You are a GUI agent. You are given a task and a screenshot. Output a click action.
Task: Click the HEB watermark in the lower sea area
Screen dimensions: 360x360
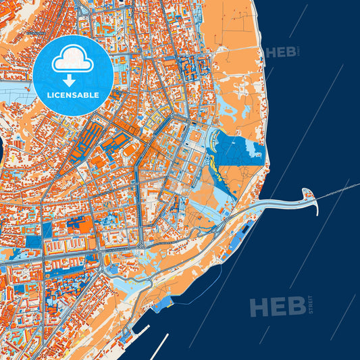coord(277,307)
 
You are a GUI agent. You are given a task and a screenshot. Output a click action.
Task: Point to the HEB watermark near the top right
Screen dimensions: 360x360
coord(282,52)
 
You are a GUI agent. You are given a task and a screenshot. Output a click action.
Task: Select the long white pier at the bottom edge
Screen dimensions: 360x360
coord(159,345)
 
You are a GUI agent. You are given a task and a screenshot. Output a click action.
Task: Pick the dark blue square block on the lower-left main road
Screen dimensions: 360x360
coord(32,242)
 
